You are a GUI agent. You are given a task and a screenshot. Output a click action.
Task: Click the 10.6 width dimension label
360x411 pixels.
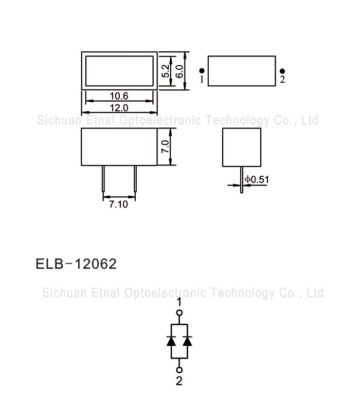119,96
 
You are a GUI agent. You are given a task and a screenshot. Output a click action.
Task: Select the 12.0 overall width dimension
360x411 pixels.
119,108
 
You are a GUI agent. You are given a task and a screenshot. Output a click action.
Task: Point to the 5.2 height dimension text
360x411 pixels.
166,71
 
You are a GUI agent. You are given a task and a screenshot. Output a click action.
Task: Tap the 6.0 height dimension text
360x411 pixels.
179,71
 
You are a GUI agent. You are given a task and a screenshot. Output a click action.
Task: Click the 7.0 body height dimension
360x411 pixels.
165,146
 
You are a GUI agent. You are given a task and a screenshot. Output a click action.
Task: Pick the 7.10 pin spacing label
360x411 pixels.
118,204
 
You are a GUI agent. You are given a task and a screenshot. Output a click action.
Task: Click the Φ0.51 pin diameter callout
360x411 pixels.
257,179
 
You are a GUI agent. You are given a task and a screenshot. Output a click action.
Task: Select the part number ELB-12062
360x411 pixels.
76,264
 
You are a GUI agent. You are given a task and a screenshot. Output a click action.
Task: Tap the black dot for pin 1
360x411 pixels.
202,70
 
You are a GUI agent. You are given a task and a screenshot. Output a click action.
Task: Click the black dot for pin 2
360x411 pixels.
282,71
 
